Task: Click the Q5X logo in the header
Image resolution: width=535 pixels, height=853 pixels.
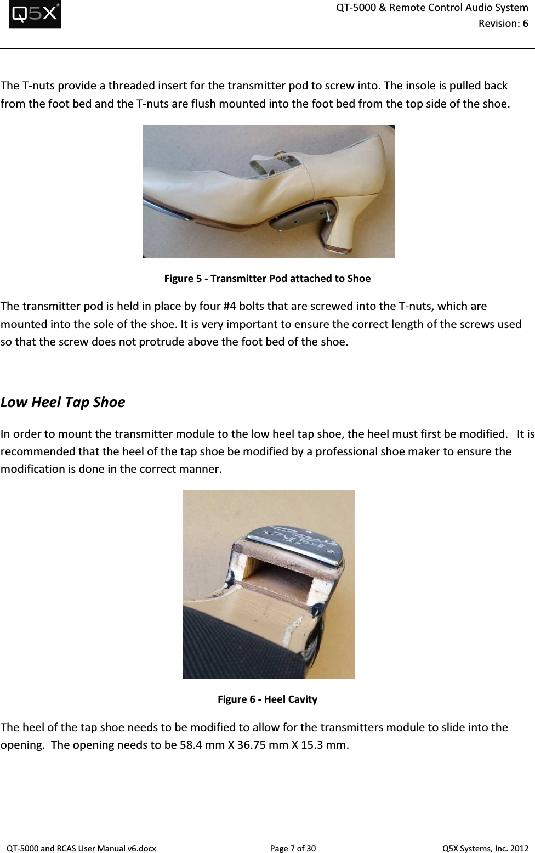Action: (x=35, y=14)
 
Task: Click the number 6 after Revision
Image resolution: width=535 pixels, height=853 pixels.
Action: (x=525, y=24)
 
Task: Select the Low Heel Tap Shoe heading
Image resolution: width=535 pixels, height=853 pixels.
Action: (x=63, y=402)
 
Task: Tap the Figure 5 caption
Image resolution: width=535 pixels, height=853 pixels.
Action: (x=267, y=278)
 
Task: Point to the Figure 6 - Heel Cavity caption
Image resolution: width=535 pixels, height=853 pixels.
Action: (x=267, y=699)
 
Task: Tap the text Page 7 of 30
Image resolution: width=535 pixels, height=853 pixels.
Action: (x=293, y=848)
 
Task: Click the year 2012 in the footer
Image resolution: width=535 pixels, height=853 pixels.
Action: (x=519, y=848)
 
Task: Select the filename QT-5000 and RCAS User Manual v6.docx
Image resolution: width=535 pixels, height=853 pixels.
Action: (x=81, y=848)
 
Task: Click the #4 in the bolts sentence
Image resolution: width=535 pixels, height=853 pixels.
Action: (x=230, y=306)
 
